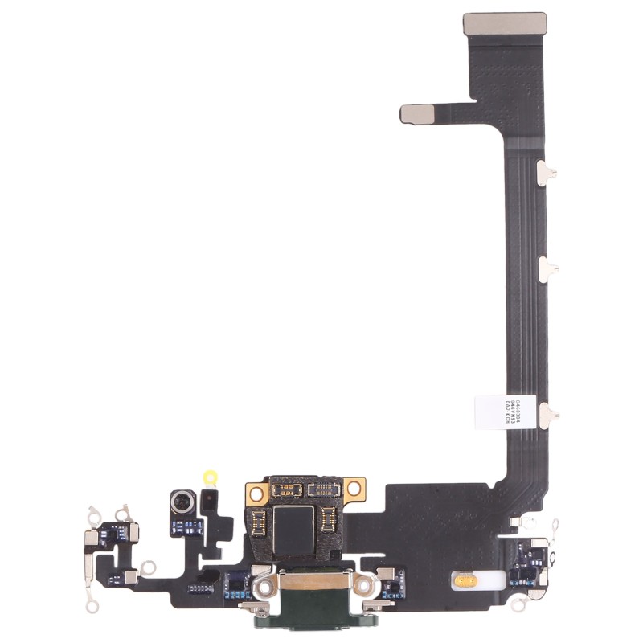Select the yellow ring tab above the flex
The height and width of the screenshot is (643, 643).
click(212, 477)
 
